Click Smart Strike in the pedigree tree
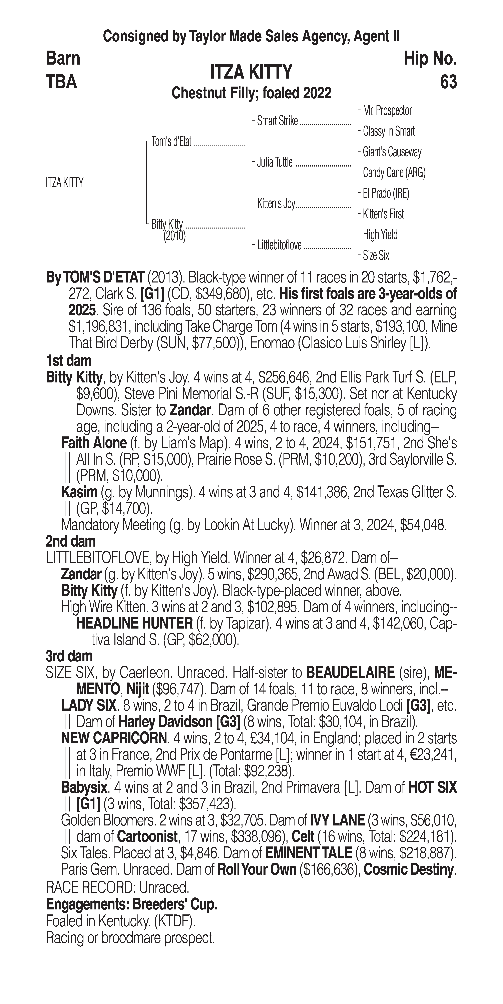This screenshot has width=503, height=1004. (x=277, y=121)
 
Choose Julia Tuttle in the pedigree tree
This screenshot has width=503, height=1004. (x=275, y=163)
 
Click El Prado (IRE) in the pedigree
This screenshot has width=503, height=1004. (x=386, y=193)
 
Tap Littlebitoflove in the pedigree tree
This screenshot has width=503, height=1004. (x=279, y=245)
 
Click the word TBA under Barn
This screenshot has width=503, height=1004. (x=62, y=82)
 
